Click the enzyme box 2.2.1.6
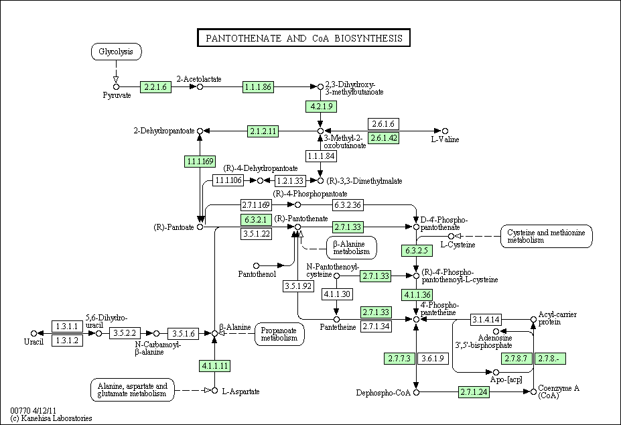[155, 87]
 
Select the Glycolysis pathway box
[116, 52]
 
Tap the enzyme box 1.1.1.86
[258, 87]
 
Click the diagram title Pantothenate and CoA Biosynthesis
[303, 38]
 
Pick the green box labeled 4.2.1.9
[321, 106]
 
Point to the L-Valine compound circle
[445, 131]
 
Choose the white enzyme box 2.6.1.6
[383, 124]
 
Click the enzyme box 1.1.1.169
[200, 162]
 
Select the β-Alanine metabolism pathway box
[351, 248]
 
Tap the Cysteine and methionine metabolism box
[546, 236]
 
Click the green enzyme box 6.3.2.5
[417, 251]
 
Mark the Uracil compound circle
[33, 333]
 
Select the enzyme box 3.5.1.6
[184, 333]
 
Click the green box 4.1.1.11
[214, 365]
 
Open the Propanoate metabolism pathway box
[279, 335]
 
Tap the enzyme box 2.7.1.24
[474, 392]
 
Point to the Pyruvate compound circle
[116, 87]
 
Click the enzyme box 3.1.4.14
[486, 319]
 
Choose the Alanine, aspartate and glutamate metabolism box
[132, 389]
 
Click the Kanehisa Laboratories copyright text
[52, 418]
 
